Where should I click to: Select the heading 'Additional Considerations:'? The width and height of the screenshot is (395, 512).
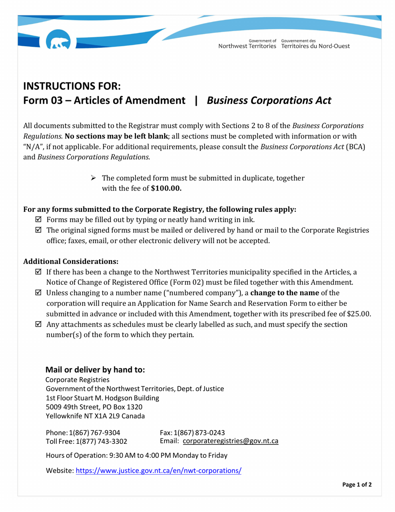coord(71,261)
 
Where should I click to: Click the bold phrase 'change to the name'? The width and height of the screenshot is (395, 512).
coord(288,293)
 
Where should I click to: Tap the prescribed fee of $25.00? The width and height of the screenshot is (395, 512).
coord(358,314)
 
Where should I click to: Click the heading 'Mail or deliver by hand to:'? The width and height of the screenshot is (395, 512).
coord(95,369)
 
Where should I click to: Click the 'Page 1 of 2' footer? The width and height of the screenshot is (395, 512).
coord(356,485)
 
